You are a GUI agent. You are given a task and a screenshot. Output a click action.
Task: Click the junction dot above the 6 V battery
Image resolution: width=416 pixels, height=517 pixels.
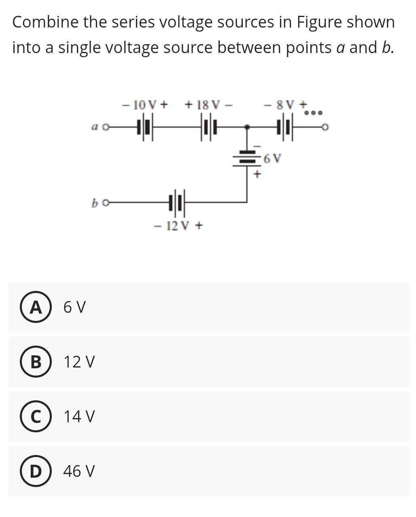pyautogui.click(x=247, y=127)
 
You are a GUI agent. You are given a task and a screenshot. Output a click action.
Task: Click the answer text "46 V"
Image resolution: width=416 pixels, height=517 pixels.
pyautogui.click(x=79, y=471)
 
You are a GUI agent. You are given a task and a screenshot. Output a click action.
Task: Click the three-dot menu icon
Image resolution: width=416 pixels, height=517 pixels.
pyautogui.click(x=313, y=113)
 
